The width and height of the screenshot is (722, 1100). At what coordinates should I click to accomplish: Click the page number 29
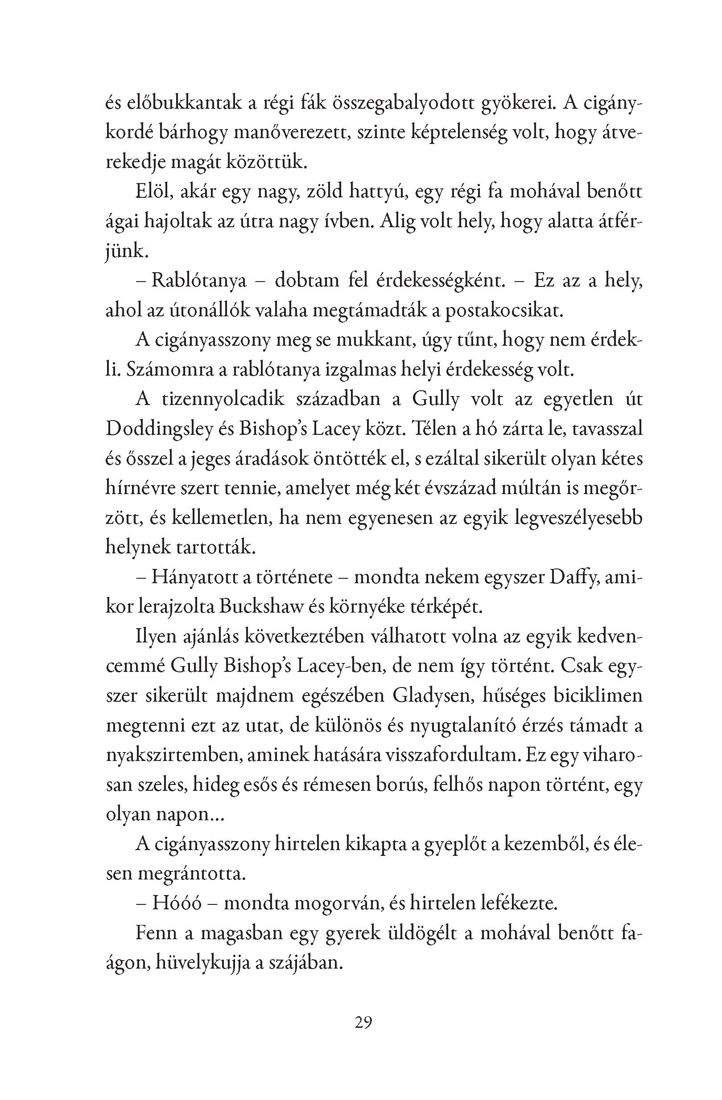(x=363, y=1022)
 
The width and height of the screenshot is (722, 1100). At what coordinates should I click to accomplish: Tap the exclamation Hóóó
(x=176, y=904)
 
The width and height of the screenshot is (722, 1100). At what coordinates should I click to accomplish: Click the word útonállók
(x=198, y=311)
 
